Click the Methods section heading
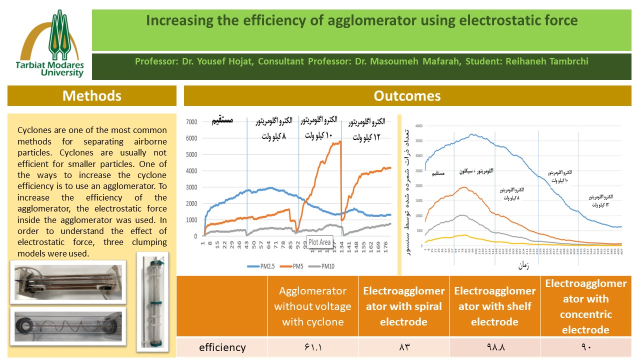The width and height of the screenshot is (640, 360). (92, 95)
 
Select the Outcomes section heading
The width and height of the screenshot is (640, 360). (407, 95)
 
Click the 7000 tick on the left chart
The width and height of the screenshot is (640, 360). (191, 122)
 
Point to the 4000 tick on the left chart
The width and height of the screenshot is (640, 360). (191, 171)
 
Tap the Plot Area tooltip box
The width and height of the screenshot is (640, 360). (319, 242)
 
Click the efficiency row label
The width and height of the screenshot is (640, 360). (222, 347)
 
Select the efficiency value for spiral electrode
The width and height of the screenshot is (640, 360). (404, 347)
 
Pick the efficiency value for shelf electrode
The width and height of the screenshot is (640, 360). (495, 347)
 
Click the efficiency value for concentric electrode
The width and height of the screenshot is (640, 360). (586, 347)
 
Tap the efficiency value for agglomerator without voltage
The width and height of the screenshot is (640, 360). (313, 347)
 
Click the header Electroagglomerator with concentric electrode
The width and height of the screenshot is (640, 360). (586, 306)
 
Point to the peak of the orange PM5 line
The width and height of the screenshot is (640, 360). (340, 141)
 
